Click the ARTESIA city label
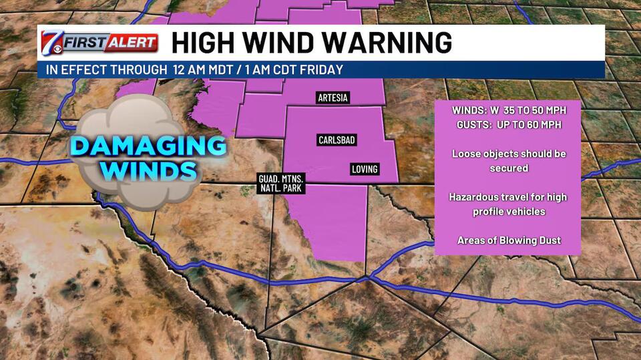(x=333, y=98)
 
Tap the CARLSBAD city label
(x=336, y=140)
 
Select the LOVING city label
(x=365, y=169)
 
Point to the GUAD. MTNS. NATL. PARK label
(x=282, y=184)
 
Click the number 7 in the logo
(x=50, y=42)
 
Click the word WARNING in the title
(x=395, y=43)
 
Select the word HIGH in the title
(x=204, y=43)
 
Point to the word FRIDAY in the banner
(x=323, y=69)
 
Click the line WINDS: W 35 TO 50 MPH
(x=507, y=110)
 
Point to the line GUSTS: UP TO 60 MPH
(x=508, y=124)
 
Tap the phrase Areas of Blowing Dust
(x=508, y=240)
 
